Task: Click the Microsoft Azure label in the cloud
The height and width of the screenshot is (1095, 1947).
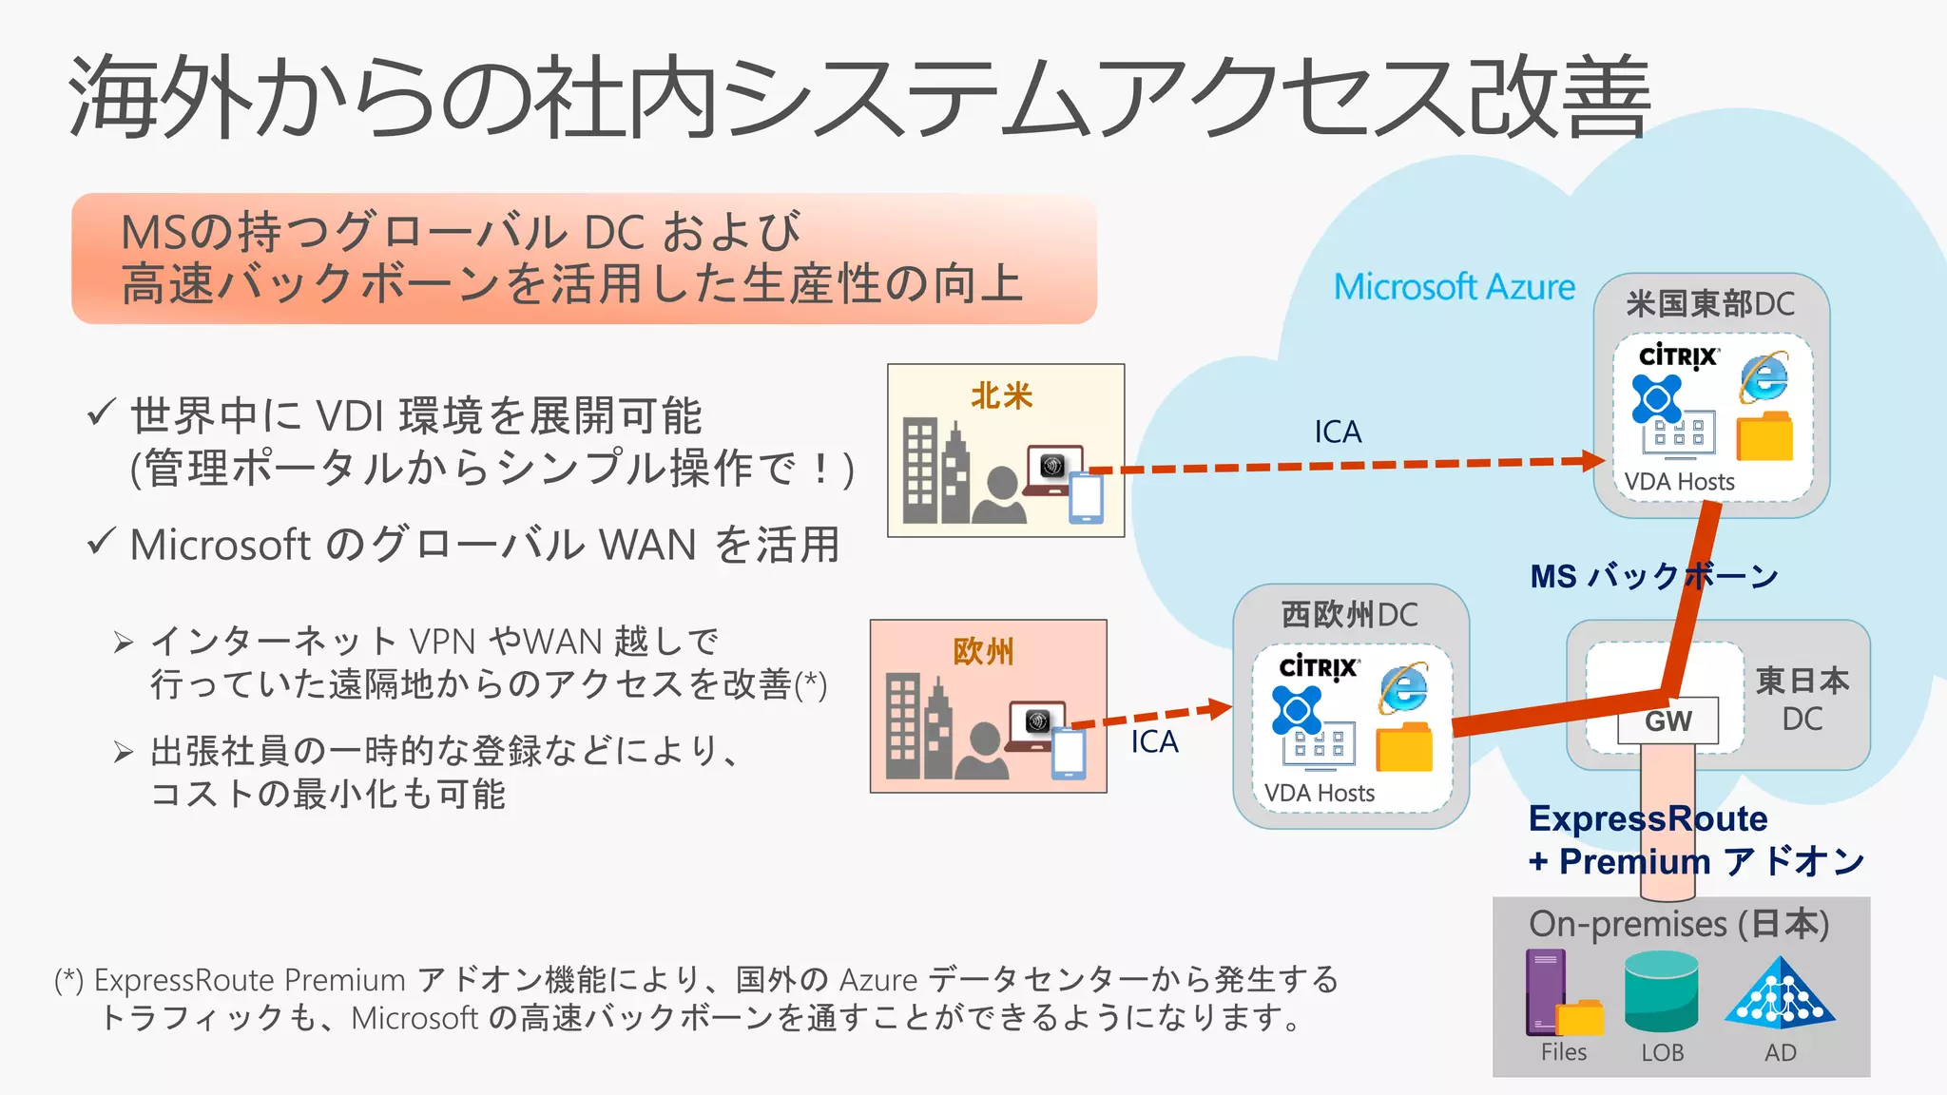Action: point(1454,286)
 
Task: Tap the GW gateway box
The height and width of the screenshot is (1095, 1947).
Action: point(1668,720)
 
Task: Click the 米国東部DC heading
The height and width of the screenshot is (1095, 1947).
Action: point(1710,304)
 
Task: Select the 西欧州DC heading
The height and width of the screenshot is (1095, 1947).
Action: point(1349,615)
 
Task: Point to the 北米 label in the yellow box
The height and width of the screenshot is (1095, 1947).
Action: point(1002,395)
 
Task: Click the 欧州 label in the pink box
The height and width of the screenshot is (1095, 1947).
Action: point(984,652)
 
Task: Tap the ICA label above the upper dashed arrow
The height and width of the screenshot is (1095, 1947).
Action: point(1338,432)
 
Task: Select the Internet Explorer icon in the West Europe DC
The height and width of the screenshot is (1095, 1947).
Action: point(1403,688)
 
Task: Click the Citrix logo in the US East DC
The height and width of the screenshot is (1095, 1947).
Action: point(1678,356)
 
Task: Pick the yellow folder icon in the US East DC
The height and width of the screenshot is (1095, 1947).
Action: point(1764,437)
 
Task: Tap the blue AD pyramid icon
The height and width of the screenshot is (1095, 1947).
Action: point(1780,992)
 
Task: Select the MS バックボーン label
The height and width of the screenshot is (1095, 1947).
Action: point(1653,576)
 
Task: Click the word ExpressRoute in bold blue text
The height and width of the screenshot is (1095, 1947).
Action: point(1648,818)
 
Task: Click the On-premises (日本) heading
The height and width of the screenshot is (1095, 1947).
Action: point(1679,924)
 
